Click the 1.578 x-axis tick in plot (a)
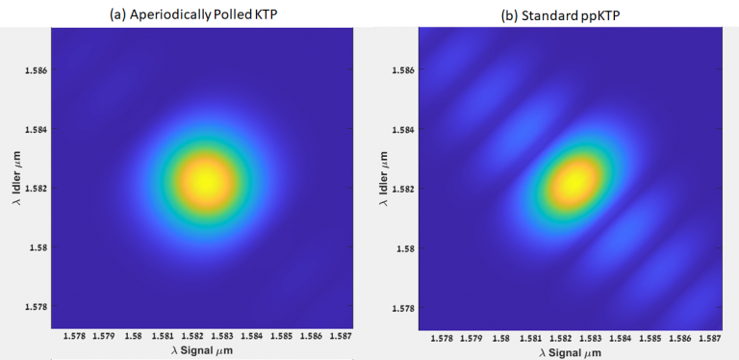tap(74, 337)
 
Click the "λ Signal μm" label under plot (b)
tap(574, 352)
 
